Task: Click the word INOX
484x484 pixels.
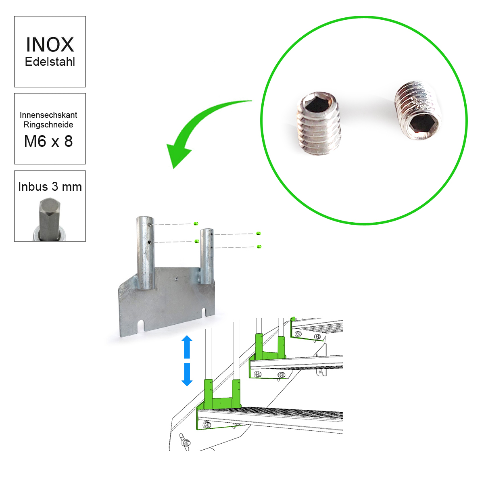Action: pos(50,45)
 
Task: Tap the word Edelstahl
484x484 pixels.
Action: pos(50,62)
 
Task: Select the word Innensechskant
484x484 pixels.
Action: pos(48,115)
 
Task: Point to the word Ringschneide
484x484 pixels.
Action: pos(48,125)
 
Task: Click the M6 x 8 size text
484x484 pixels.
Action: pos(48,142)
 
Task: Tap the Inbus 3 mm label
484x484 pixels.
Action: pos(50,187)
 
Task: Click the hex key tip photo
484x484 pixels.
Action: pos(50,219)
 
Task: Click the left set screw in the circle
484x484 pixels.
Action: pos(319,123)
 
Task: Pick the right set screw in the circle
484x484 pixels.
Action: pos(417,110)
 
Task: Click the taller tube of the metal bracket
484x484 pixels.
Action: pos(145,252)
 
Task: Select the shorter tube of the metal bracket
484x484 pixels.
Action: pos(207,257)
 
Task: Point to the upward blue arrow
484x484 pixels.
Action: pos(187,347)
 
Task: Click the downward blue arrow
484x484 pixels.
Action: pos(187,374)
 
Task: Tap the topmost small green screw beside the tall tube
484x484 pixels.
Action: pos(196,223)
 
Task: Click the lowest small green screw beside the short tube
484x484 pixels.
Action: pos(259,247)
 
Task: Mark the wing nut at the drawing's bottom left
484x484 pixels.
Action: pos(185,445)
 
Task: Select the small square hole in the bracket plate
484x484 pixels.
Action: pos(177,278)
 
